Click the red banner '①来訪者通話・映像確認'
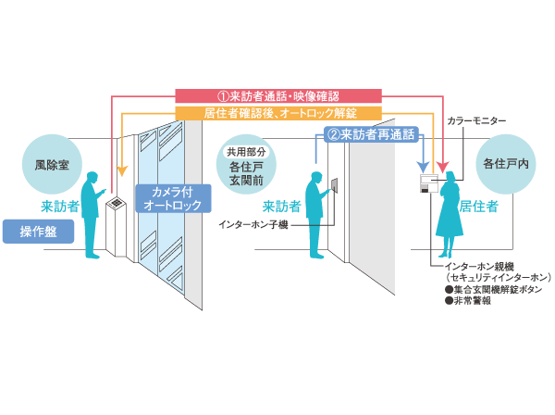point(278,95)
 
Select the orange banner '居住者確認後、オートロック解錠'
point(278,113)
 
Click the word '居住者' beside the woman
point(479,206)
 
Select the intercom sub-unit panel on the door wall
point(338,185)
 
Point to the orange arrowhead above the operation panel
point(121,171)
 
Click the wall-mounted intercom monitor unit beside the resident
point(428,182)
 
